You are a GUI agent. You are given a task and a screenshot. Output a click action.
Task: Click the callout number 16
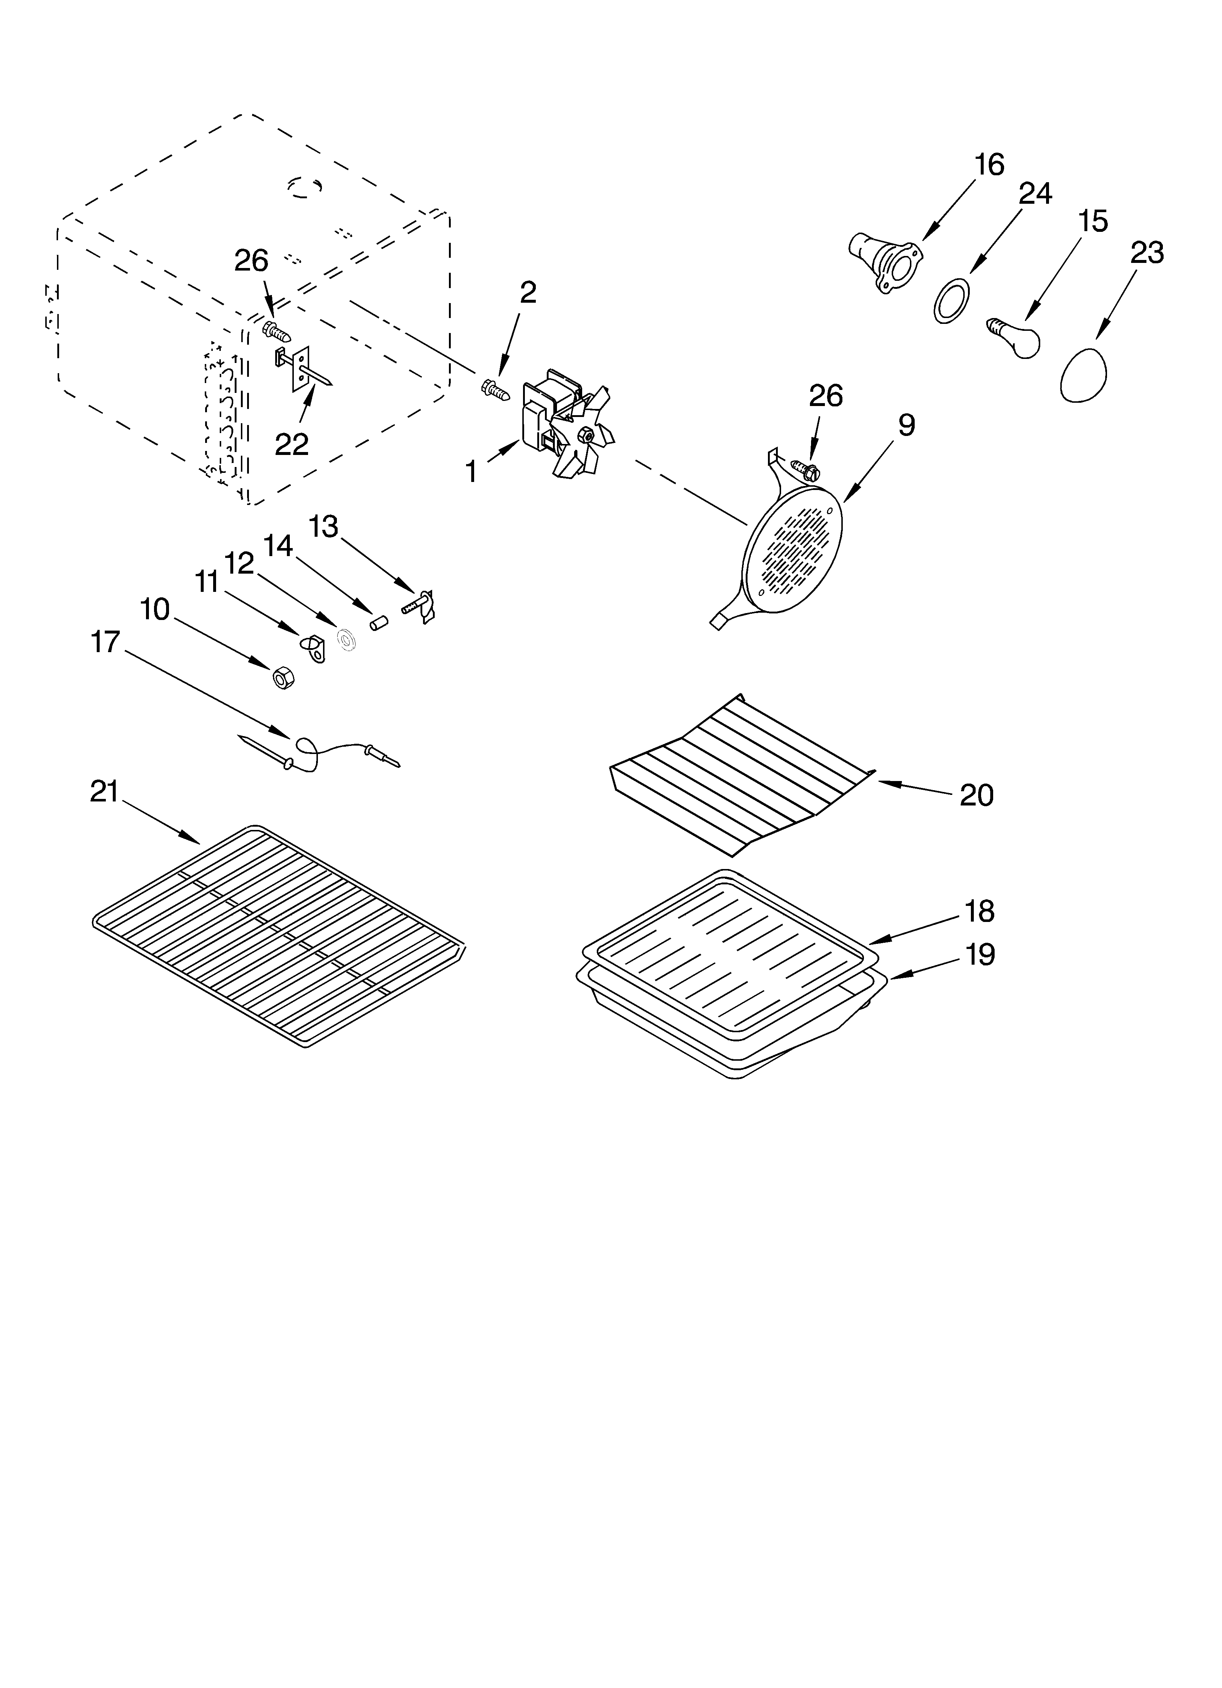click(x=989, y=164)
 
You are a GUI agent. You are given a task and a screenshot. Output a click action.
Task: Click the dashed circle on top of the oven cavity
click(x=305, y=187)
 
